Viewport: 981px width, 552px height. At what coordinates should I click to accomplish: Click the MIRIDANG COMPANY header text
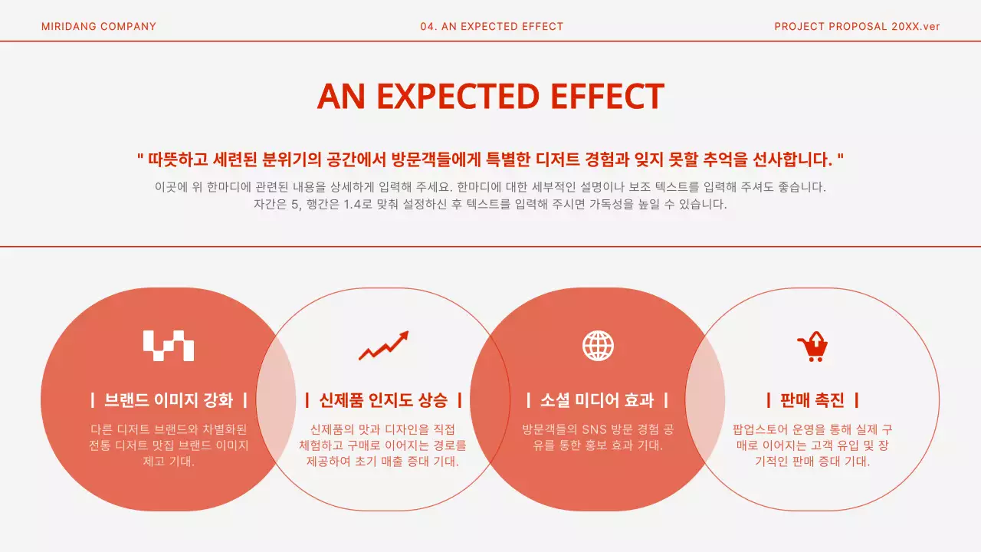99,27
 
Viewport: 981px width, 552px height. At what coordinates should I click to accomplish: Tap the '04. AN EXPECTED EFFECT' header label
491,27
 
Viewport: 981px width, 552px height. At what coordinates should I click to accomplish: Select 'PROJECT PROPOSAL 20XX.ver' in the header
857,27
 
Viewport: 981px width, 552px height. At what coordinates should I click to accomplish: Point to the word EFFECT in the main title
606,97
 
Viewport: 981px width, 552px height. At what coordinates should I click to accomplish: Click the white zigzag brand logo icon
169,346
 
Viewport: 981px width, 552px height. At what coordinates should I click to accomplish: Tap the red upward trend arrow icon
383,346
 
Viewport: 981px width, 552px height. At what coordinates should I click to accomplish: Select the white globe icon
598,346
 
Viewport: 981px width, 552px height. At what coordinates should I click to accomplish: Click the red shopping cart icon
812,347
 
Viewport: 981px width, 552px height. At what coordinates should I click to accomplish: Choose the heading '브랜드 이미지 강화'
169,400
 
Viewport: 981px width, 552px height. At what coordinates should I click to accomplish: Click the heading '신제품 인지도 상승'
383,400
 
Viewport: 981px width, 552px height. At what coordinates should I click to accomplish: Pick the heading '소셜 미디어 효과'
598,400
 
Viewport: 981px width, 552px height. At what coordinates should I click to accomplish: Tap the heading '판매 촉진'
812,400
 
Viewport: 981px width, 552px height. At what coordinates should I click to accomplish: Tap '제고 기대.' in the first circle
169,462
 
